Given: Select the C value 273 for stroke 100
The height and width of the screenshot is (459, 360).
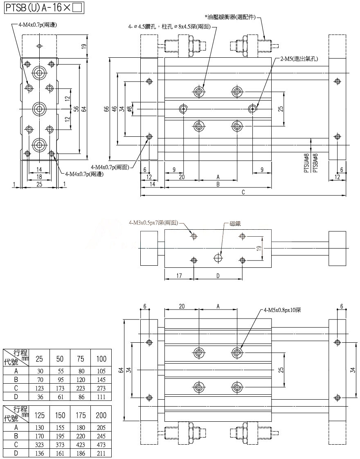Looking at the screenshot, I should coord(101,388).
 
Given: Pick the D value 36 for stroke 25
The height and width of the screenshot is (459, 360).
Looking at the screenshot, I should coord(39,397).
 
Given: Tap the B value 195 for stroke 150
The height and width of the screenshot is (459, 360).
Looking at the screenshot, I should coord(60,436).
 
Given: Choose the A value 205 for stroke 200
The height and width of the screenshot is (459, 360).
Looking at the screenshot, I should coord(101,427).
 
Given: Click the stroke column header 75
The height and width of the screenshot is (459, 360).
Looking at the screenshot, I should coord(81,359).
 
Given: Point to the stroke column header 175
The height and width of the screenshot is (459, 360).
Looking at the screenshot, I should coord(81,415).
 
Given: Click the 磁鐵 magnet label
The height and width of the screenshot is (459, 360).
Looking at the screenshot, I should coord(235,224).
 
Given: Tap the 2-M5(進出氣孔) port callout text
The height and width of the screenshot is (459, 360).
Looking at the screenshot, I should coord(299,59).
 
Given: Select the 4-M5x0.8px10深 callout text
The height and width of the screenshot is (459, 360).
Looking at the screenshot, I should coord(282,310).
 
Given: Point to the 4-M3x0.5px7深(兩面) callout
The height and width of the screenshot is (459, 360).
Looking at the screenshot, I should coord(153,223).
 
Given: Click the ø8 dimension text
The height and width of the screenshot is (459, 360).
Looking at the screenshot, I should coord(129,109).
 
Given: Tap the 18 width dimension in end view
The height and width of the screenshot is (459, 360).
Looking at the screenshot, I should coord(39,177).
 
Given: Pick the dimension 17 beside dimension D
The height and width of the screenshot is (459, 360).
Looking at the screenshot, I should coord(179,276).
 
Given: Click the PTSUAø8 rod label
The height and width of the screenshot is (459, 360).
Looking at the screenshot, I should coord(306,163).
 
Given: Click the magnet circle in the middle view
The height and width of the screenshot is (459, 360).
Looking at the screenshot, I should coord(218,258).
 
